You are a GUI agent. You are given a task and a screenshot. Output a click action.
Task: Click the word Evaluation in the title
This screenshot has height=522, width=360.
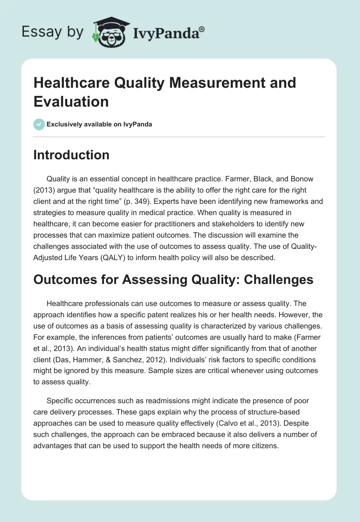(71, 102)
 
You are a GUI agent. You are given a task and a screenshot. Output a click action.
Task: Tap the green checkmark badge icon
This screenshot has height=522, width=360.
(39, 124)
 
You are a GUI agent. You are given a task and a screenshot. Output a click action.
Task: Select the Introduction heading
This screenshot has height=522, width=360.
(72, 155)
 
